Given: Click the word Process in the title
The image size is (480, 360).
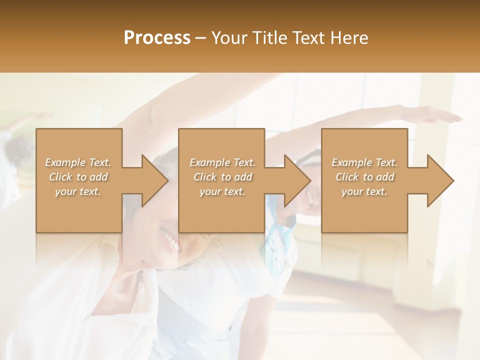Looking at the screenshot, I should pyautogui.click(x=157, y=38).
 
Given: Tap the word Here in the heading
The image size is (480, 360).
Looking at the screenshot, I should pyautogui.click(x=349, y=38).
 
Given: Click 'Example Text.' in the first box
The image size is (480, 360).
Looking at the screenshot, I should pyautogui.click(x=78, y=162).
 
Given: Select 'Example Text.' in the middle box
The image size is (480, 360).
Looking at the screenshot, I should pyautogui.click(x=222, y=162).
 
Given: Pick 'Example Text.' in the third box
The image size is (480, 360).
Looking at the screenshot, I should pyautogui.click(x=364, y=162).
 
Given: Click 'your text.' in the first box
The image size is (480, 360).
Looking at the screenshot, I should pyautogui.click(x=78, y=191).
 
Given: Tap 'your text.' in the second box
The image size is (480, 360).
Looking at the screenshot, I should pyautogui.click(x=222, y=191).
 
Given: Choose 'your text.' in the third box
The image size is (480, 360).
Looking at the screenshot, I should pyautogui.click(x=364, y=191).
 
